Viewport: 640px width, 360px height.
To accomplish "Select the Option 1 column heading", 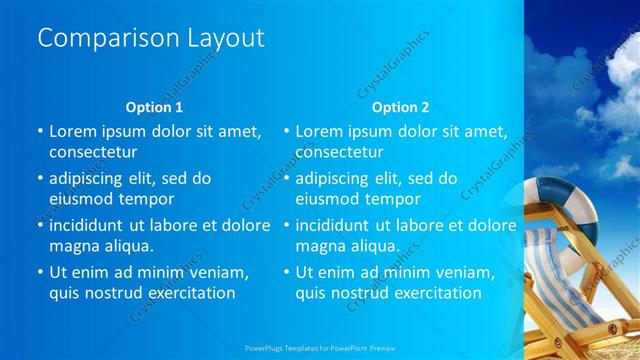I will point(154,106).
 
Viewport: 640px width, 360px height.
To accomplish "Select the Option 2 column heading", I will point(400,106).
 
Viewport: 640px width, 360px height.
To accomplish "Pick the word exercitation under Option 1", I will point(188,293).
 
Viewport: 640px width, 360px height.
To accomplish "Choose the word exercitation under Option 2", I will point(434,293).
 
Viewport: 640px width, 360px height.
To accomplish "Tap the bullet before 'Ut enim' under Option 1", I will point(40,272).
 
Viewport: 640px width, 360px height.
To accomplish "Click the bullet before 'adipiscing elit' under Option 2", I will point(286,178).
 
